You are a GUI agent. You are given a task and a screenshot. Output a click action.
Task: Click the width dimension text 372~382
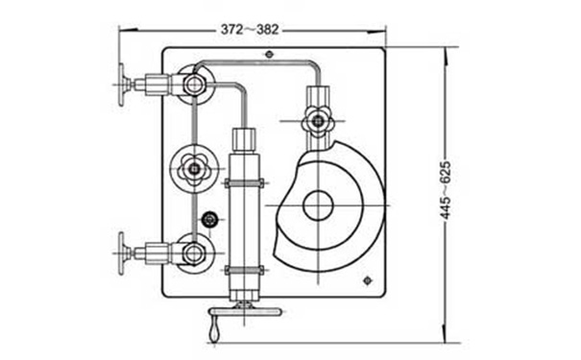[x=250, y=29]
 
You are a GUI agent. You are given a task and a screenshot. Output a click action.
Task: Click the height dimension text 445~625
[x=446, y=190]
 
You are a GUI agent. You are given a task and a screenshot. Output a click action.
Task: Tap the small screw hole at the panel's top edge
[x=270, y=55]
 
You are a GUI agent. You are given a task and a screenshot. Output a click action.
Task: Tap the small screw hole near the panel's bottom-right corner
[x=367, y=280]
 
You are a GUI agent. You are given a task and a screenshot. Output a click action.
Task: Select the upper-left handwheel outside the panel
[x=122, y=84]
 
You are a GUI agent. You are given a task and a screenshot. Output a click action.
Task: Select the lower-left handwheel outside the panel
[x=122, y=253]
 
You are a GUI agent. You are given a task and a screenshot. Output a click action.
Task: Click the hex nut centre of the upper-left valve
[x=193, y=84]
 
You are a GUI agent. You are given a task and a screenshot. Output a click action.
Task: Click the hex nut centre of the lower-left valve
[x=193, y=253]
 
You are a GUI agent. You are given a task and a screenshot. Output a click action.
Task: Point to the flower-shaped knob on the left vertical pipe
[x=194, y=169]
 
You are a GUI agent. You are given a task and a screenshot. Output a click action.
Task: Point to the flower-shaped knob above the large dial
[x=318, y=120]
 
